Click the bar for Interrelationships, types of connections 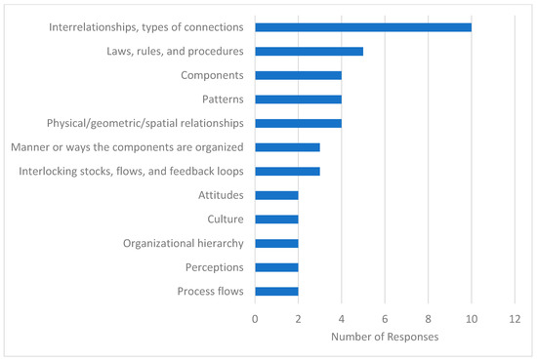tap(363, 27)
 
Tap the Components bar tap(298, 75)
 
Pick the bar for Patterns tap(298, 99)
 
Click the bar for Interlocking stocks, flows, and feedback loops tap(287, 171)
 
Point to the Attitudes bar tap(276, 195)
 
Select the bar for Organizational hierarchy tap(276, 243)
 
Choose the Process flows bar tap(276, 291)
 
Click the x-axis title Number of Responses tap(385, 337)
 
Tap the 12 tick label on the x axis tap(515, 318)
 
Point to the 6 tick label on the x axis tap(385, 318)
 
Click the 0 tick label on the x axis tap(255, 318)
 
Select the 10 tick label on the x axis tap(472, 318)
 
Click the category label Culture tap(225, 219)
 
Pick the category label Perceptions tap(214, 266)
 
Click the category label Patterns tap(219, 99)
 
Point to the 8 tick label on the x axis tap(428, 318)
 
